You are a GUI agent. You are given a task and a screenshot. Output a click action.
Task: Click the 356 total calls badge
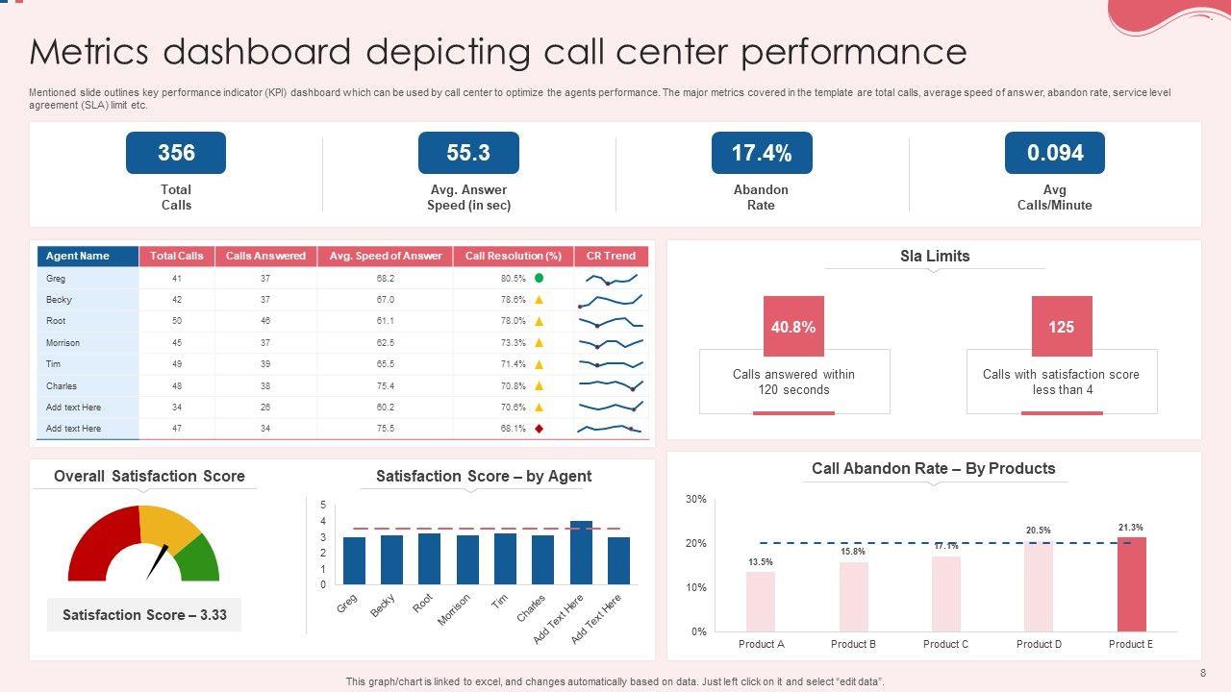click(176, 153)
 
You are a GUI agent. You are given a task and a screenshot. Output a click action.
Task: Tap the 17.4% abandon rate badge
click(762, 153)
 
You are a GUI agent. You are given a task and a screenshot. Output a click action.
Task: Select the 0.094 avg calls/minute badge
click(1055, 153)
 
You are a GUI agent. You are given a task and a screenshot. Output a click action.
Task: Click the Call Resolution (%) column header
click(513, 256)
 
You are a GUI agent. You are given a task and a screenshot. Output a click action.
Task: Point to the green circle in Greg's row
click(539, 278)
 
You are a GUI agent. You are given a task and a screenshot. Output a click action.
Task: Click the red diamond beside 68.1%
click(539, 429)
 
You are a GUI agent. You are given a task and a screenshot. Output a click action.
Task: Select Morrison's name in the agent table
click(63, 343)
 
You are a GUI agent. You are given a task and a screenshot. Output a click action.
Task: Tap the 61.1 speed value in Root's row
click(385, 321)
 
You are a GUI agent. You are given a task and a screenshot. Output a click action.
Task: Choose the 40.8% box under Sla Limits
click(793, 327)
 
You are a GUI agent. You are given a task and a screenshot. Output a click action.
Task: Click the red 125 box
click(1062, 327)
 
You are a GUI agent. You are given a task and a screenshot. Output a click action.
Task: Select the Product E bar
click(1131, 583)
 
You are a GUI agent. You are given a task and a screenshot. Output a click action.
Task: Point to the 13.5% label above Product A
click(760, 562)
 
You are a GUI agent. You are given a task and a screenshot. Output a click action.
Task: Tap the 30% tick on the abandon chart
click(696, 499)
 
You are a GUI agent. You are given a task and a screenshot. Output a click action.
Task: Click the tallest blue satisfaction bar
click(581, 553)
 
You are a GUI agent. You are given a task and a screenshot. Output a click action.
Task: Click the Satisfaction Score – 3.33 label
click(144, 615)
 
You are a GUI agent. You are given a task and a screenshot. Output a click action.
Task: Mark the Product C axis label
click(945, 644)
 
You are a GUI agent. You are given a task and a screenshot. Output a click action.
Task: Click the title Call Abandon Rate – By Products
click(933, 468)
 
